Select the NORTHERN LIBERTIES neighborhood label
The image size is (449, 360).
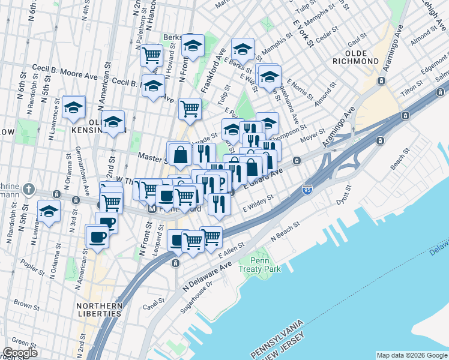[100, 310]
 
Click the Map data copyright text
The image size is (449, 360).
[411, 355]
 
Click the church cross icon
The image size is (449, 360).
[28, 190]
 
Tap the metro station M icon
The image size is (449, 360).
[152, 209]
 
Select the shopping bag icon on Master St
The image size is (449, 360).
[180, 155]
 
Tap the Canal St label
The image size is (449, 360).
[149, 307]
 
